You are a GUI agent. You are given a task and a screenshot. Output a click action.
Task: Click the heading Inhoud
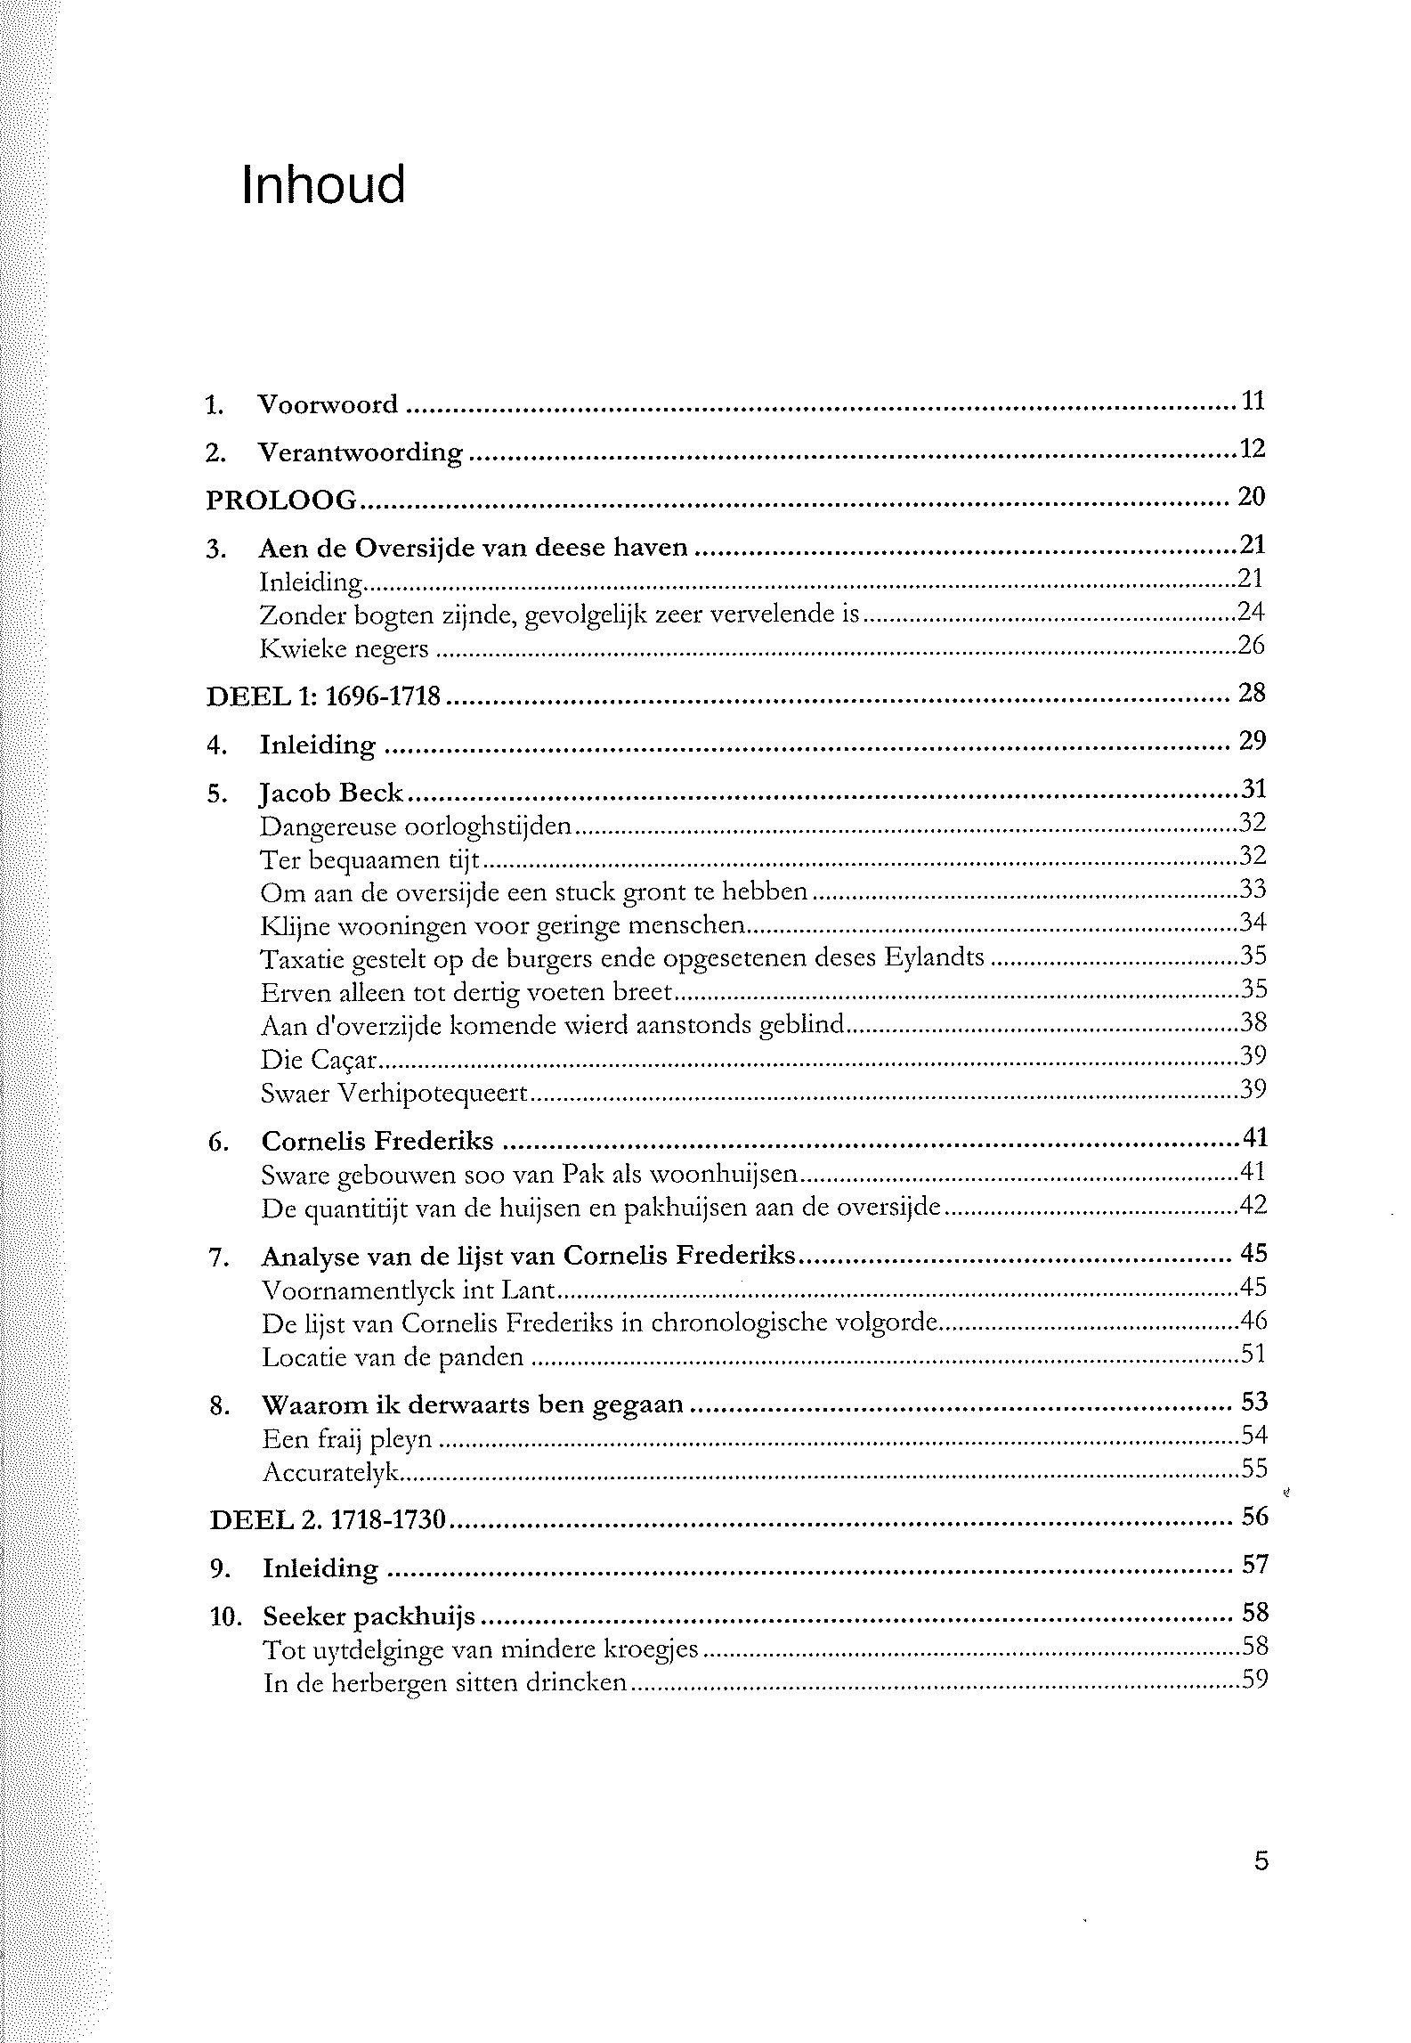[x=323, y=185]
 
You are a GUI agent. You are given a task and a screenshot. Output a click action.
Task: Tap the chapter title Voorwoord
[x=328, y=404]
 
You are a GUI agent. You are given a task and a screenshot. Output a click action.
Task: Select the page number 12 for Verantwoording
[x=1252, y=449]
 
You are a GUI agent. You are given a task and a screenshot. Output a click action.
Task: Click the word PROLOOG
[x=281, y=500]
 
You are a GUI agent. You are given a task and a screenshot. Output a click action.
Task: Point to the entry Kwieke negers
[x=344, y=648]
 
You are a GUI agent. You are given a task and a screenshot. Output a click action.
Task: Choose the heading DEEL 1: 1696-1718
[x=323, y=696]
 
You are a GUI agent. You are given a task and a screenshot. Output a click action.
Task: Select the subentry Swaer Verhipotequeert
[x=394, y=1094]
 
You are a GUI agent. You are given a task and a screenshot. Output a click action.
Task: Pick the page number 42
[x=1253, y=1206]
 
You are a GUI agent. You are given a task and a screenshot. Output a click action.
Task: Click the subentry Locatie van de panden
[x=393, y=1357]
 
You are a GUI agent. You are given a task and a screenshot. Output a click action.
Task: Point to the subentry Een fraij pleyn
[x=347, y=1438]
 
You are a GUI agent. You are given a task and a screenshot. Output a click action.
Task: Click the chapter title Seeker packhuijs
[x=369, y=1616]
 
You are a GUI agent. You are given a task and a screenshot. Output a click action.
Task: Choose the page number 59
[x=1254, y=1681]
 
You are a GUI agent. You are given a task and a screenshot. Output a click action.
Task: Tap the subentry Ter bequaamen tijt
[x=369, y=860]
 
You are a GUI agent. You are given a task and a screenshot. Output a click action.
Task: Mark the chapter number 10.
[x=226, y=1616]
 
